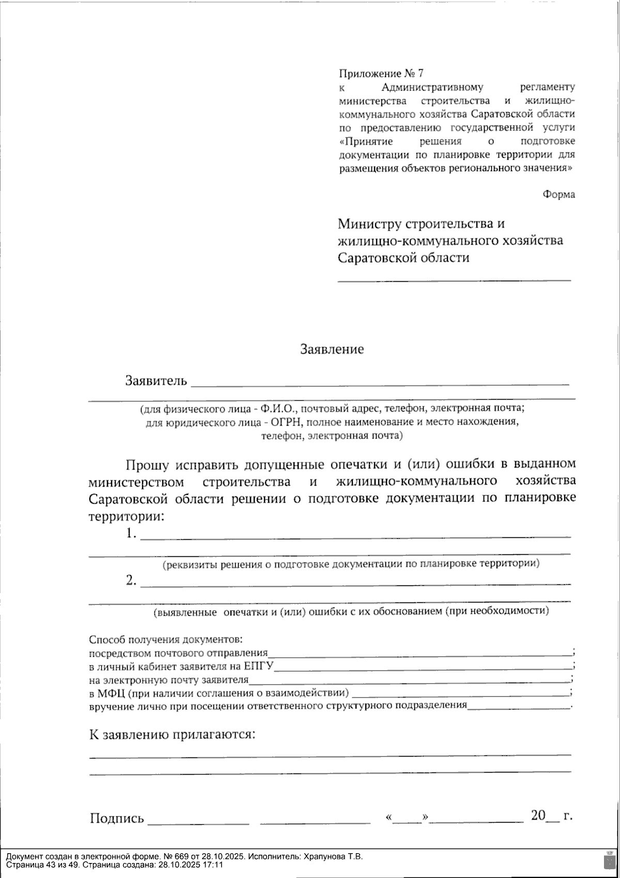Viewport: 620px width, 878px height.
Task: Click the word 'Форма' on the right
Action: coord(559,194)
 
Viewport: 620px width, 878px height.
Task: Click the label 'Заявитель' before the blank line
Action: coord(156,381)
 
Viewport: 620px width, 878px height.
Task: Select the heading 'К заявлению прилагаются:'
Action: coord(173,735)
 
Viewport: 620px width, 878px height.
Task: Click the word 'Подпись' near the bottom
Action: coord(117,819)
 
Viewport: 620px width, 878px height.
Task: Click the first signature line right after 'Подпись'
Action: coord(198,821)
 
